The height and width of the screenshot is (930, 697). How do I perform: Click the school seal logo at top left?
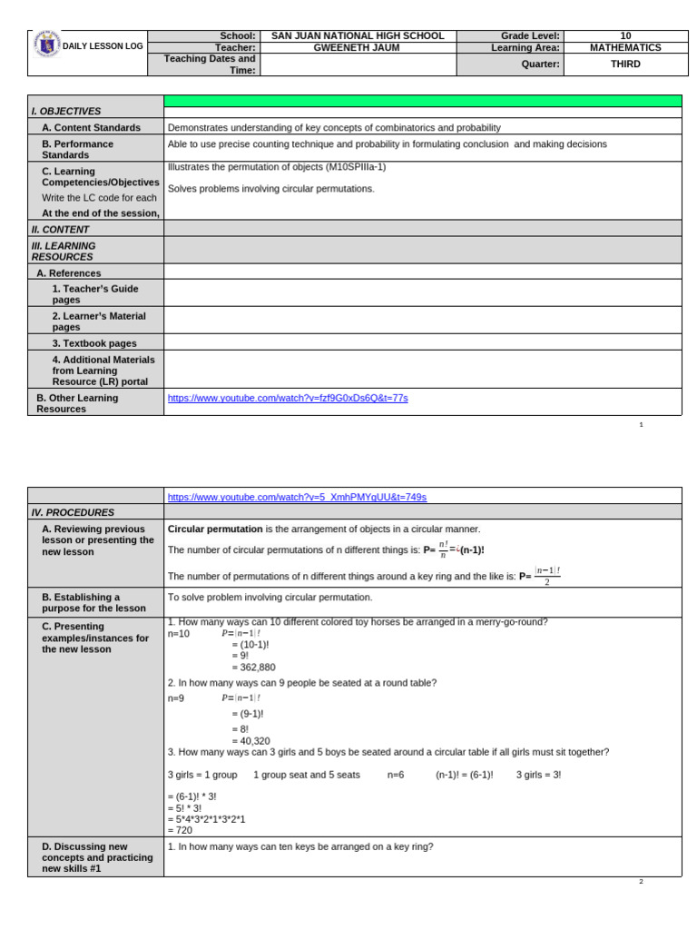[45, 45]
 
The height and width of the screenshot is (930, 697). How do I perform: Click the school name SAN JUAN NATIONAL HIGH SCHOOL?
[358, 35]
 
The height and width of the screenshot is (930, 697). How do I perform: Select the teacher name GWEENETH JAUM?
[358, 48]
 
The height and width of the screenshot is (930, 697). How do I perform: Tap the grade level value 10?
[624, 35]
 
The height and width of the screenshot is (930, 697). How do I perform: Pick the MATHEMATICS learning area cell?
[624, 48]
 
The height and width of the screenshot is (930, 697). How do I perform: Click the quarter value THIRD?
[624, 64]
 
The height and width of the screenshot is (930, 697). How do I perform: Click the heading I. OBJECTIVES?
[66, 111]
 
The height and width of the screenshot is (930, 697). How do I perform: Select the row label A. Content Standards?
[91, 128]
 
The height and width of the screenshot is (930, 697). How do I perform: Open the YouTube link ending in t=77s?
[288, 398]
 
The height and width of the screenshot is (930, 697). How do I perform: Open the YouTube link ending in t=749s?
[297, 497]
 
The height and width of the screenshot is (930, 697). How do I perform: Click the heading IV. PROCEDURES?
[73, 512]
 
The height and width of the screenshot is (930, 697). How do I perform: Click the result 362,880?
[253, 667]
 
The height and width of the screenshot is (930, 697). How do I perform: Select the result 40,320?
[250, 740]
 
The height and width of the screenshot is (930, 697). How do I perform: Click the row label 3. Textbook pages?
[94, 343]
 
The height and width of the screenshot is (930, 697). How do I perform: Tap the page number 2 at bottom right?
[641, 881]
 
